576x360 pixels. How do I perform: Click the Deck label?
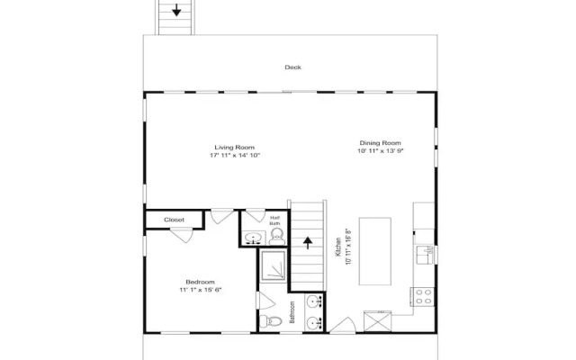click(292, 67)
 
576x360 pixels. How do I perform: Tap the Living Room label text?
click(234, 148)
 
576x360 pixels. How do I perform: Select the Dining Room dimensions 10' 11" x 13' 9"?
click(381, 150)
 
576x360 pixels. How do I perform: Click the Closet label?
click(174, 220)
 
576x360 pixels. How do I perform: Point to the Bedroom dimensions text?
click(200, 290)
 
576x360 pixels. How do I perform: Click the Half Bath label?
click(274, 220)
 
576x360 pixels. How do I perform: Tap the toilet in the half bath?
click(276, 236)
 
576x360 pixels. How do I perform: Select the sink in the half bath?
click(253, 238)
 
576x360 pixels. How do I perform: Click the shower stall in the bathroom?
click(273, 266)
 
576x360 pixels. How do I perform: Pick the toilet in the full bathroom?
click(270, 321)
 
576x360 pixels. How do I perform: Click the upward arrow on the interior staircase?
click(308, 243)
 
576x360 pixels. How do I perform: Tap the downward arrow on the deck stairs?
click(176, 10)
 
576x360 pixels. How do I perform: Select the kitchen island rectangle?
click(375, 251)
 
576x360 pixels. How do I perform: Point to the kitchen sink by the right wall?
click(425, 255)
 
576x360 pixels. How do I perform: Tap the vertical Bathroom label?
click(292, 312)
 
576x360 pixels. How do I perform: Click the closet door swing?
click(182, 235)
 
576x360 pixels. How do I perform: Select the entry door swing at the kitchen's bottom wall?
click(343, 326)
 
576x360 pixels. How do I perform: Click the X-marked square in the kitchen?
click(377, 322)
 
